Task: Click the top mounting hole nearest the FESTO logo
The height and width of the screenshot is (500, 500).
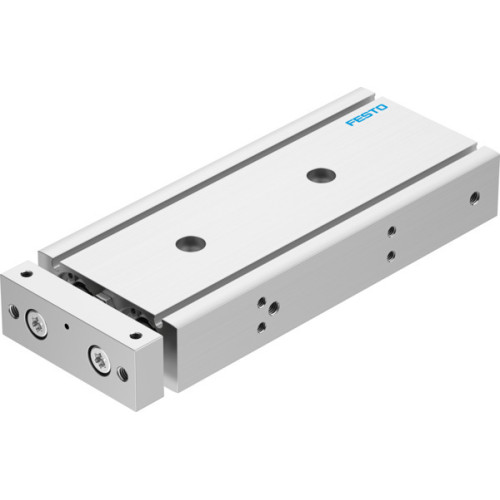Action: (x=320, y=174)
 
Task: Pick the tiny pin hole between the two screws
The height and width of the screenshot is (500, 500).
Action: (x=69, y=326)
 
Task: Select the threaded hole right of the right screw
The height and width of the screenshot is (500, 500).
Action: (x=124, y=375)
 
